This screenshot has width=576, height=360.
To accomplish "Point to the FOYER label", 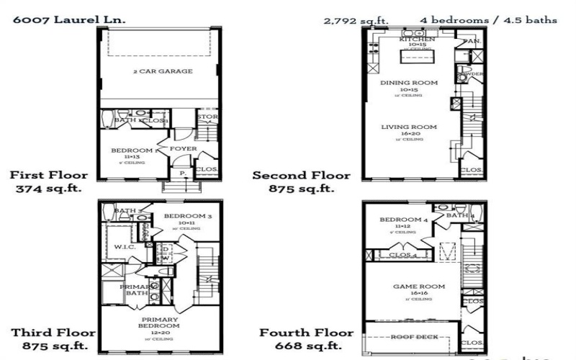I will click(x=183, y=149).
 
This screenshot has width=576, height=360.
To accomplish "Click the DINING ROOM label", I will click(x=409, y=83).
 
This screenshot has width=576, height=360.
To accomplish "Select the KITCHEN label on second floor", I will click(x=417, y=39).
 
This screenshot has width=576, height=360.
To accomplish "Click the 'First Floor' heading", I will click(x=49, y=175).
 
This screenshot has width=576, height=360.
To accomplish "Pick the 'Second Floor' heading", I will click(x=301, y=175).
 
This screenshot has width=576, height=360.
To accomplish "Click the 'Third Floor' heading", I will click(x=53, y=333).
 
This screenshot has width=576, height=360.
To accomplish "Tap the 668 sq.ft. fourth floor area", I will click(x=306, y=346).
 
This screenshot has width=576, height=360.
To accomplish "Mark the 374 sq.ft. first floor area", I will click(x=49, y=189).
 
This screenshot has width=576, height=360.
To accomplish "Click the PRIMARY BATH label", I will click(x=134, y=289).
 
